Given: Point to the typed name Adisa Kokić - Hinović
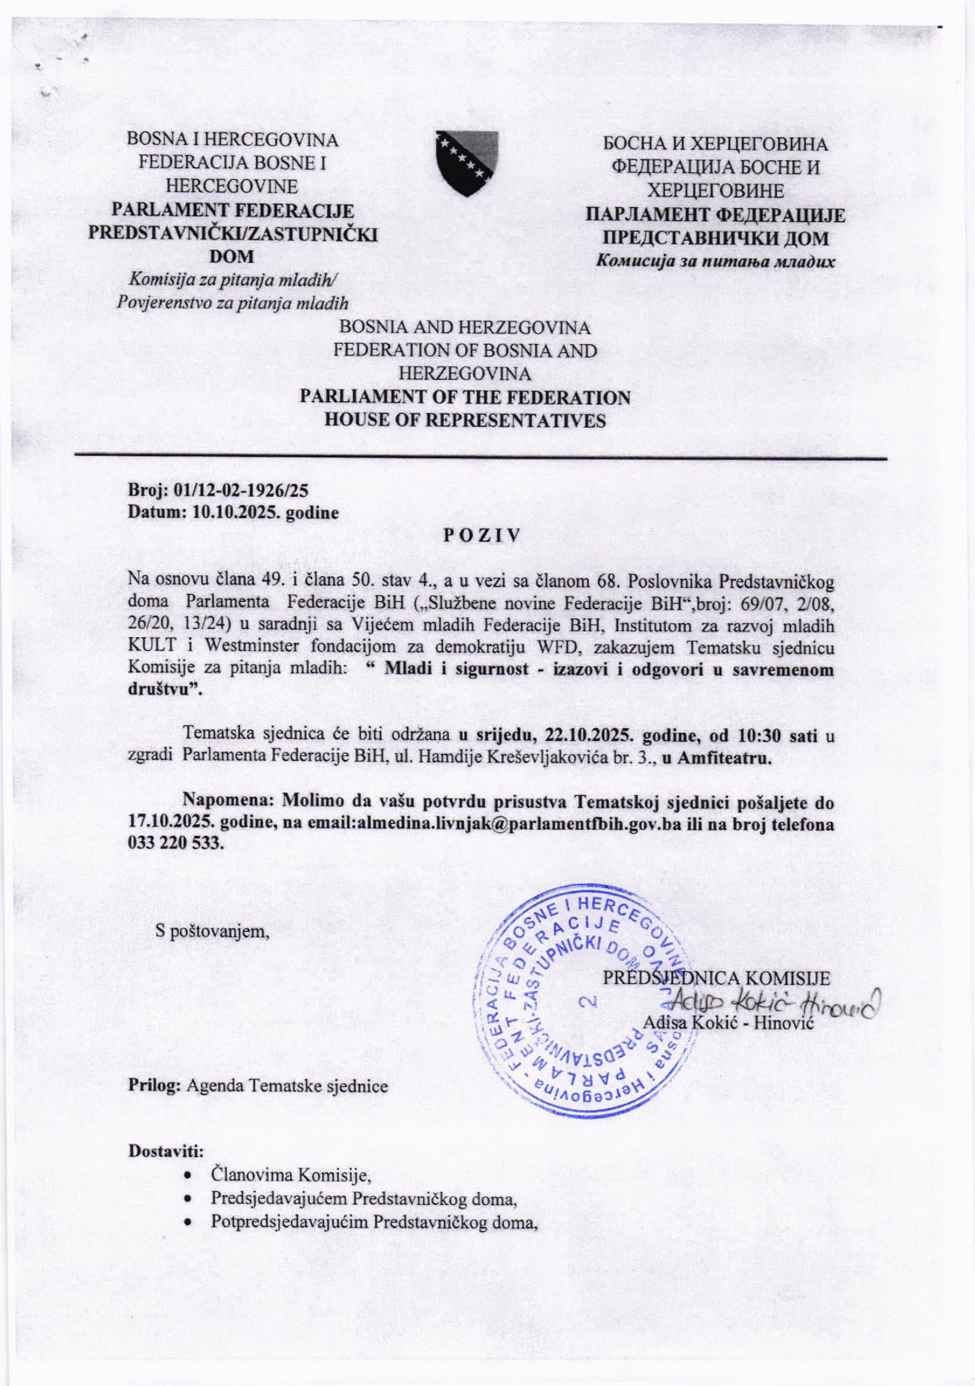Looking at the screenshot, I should click(x=729, y=1023).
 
